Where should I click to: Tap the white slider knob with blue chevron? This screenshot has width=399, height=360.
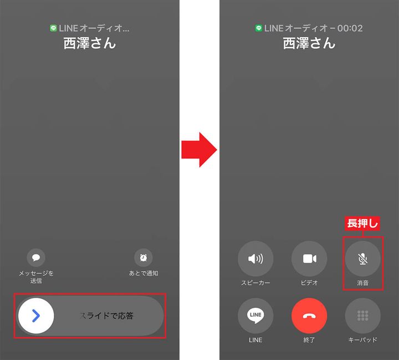click(x=36, y=316)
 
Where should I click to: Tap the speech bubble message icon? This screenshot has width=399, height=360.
click(x=36, y=257)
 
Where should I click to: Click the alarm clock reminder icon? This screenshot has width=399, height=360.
click(x=144, y=257)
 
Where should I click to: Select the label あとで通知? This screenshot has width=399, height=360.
click(x=144, y=273)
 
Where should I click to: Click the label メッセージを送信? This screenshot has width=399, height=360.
click(x=36, y=277)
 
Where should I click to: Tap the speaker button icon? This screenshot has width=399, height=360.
click(x=255, y=259)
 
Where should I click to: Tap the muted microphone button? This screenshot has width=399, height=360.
click(x=363, y=259)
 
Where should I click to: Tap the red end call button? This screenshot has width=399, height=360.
click(x=309, y=316)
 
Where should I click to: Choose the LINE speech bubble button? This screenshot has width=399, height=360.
click(x=255, y=316)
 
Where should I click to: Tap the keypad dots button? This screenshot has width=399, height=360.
click(x=363, y=316)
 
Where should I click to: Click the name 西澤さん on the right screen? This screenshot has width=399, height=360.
click(x=309, y=43)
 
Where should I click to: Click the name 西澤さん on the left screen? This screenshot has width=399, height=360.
click(x=90, y=43)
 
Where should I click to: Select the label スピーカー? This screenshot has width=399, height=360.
click(x=255, y=283)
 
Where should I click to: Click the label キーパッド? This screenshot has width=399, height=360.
click(x=363, y=339)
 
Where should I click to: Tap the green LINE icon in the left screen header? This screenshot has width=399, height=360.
click(x=53, y=28)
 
